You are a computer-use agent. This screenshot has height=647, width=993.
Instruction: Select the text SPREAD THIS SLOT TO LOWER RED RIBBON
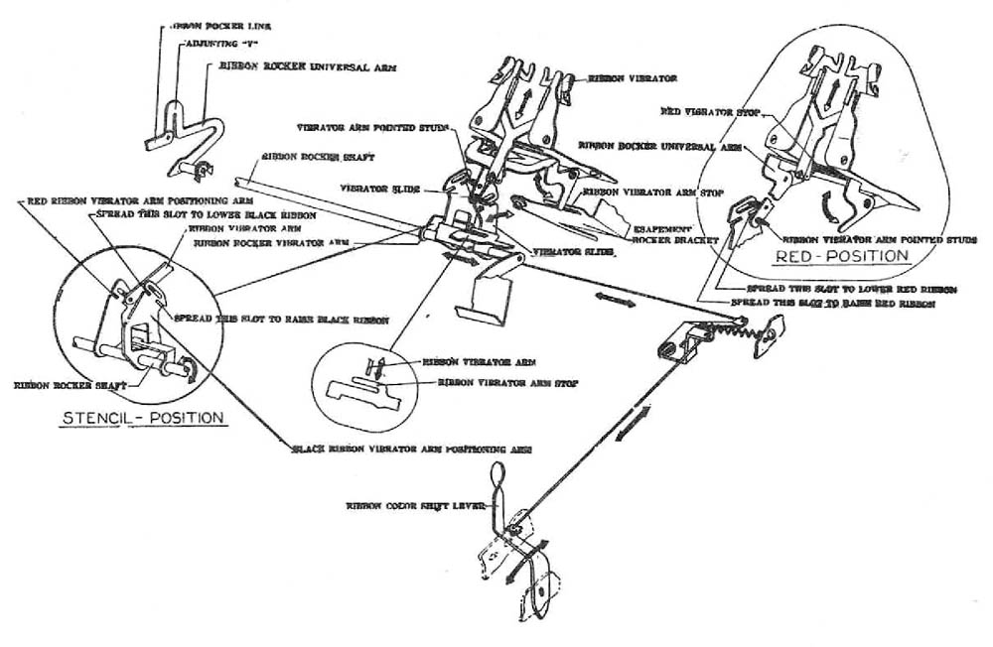click(x=850, y=288)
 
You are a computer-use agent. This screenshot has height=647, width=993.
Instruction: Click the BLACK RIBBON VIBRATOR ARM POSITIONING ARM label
click(x=412, y=449)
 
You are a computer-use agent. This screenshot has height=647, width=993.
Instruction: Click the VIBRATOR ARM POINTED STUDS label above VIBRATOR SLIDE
click(x=373, y=128)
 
